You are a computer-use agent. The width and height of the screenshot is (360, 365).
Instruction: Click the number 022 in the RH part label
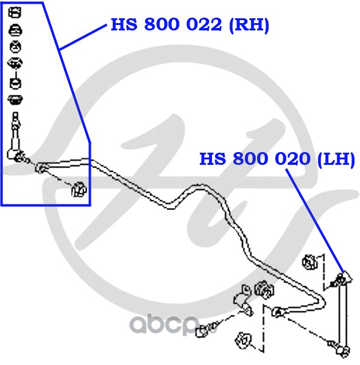click(204, 24)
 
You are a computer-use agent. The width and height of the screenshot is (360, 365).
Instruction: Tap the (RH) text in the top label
click(249, 25)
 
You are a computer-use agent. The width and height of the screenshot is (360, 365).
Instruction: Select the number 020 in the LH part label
click(292, 159)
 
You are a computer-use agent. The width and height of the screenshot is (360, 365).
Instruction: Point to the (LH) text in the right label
click(336, 159)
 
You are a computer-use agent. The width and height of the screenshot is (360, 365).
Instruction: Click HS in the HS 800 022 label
click(124, 24)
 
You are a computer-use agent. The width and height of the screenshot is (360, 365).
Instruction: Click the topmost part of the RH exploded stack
click(15, 12)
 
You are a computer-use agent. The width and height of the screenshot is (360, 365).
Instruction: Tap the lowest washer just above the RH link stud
click(15, 99)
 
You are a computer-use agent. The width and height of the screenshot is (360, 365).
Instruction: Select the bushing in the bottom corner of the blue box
click(79, 189)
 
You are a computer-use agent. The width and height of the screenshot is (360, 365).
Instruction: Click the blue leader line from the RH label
click(83, 37)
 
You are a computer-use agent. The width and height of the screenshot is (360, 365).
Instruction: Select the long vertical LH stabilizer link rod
click(343, 315)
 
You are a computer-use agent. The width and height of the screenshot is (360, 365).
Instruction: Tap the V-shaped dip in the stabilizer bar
click(171, 206)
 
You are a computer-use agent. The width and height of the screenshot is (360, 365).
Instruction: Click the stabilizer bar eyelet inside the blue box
click(41, 168)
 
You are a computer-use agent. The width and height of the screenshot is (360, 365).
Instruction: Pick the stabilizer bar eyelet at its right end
click(277, 312)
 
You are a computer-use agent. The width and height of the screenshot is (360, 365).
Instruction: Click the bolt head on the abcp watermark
click(202, 332)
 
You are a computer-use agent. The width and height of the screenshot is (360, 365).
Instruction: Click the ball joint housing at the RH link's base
click(14, 154)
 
